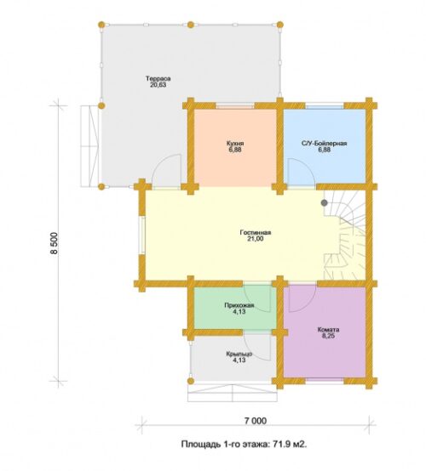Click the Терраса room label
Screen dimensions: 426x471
pyautogui.click(x=158, y=79)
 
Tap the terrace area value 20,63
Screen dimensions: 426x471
pyautogui.click(x=158, y=85)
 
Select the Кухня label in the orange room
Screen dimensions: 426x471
pyautogui.click(x=235, y=144)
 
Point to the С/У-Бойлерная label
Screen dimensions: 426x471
pyautogui.click(x=325, y=144)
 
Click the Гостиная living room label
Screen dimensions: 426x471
pyautogui.click(x=256, y=232)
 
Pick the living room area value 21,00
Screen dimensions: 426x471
pyautogui.click(x=256, y=239)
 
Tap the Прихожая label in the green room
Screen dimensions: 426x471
pyautogui.click(x=239, y=305)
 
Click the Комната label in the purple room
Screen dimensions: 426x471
pyautogui.click(x=328, y=330)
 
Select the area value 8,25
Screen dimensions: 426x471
pyautogui.click(x=328, y=336)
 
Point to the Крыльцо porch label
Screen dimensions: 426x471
pyautogui.click(x=239, y=354)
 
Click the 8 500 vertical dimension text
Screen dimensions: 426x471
pyautogui.click(x=55, y=243)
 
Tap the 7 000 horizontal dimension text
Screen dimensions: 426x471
pyautogui.click(x=256, y=421)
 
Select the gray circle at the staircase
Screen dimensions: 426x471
pyautogui.click(x=325, y=202)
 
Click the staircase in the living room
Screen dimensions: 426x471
pyautogui.click(x=344, y=235)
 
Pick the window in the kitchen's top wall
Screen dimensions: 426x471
pyautogui.click(x=235, y=105)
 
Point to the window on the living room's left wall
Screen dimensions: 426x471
pyautogui.click(x=141, y=235)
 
